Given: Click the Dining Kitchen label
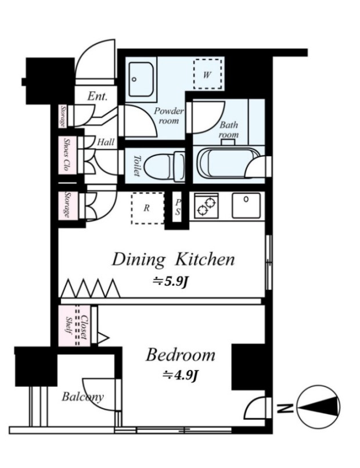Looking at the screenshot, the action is [173, 260].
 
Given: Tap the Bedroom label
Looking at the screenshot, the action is [181, 355].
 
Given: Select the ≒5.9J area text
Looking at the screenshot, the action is [170, 282].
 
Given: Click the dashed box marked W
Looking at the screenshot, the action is [207, 74].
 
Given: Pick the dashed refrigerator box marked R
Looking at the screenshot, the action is [147, 208].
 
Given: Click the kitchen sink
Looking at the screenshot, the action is [246, 206].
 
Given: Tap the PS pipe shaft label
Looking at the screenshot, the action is [178, 207].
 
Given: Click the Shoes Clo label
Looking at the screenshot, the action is [66, 154].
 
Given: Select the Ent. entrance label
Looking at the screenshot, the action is [98, 96].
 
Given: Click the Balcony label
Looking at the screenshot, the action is [83, 397].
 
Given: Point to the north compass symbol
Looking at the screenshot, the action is [319, 406].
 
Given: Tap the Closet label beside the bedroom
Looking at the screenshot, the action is [84, 327].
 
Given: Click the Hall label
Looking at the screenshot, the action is [106, 142].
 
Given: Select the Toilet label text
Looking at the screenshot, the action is [136, 165].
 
